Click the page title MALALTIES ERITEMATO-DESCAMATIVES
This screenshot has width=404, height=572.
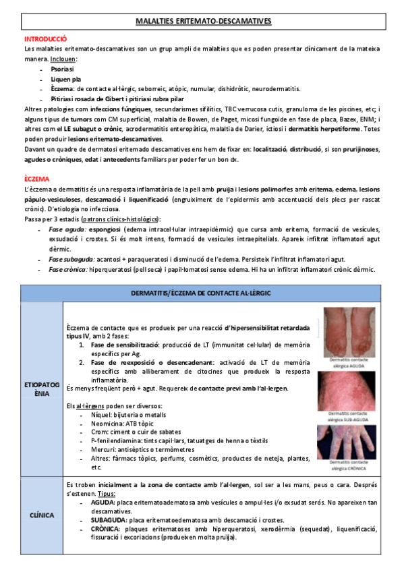click(x=202, y=22)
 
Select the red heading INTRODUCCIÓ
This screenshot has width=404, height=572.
click(x=45, y=40)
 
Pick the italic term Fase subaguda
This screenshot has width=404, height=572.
click(x=70, y=259)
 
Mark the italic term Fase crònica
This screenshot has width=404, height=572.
click(x=68, y=269)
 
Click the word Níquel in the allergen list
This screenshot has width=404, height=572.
click(x=101, y=414)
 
